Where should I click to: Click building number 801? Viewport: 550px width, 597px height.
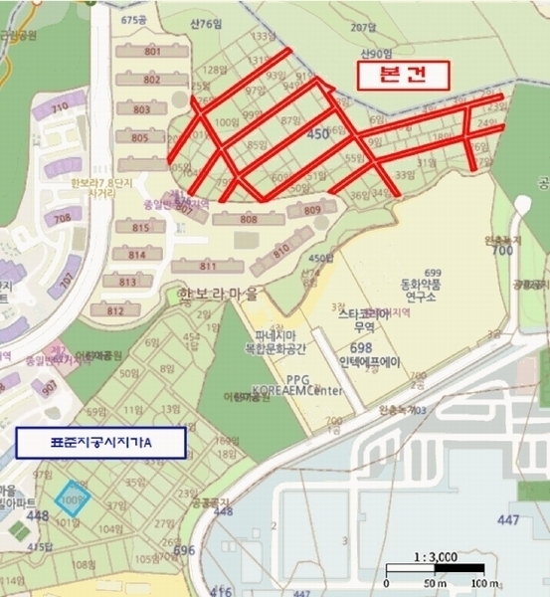pos(152,52)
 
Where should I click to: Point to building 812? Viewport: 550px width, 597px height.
pos(115,310)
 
